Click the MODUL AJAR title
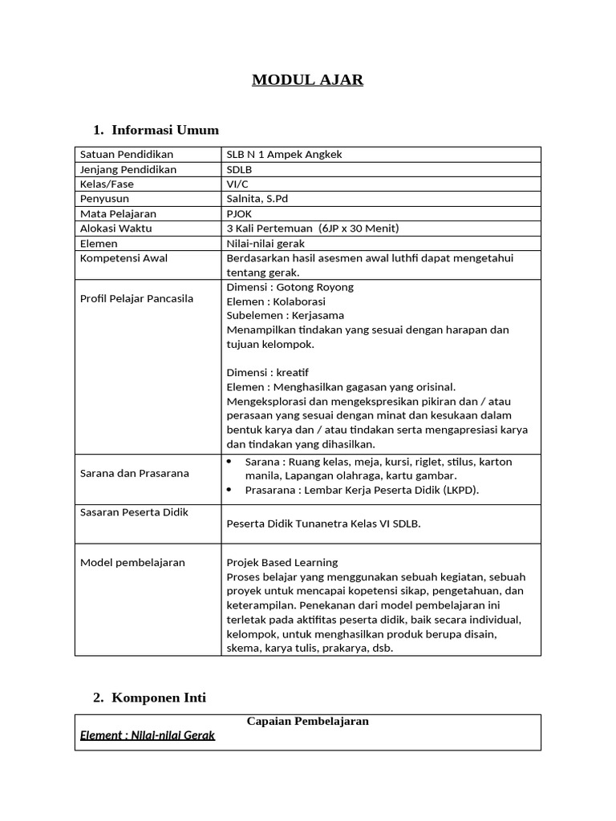pos(308,79)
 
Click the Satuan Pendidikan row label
pos(127,154)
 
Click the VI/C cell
pos(238,184)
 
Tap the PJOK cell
pos(241,214)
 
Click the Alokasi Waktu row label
pos(116,229)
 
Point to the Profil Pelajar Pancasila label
pos(137,299)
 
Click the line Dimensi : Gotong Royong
pos(290,286)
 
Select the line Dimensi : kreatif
pos(268,373)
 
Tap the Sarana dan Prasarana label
pos(135,473)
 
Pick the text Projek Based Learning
pos(282,562)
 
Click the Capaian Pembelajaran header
pos(308,721)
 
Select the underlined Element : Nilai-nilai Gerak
pos(148,735)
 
